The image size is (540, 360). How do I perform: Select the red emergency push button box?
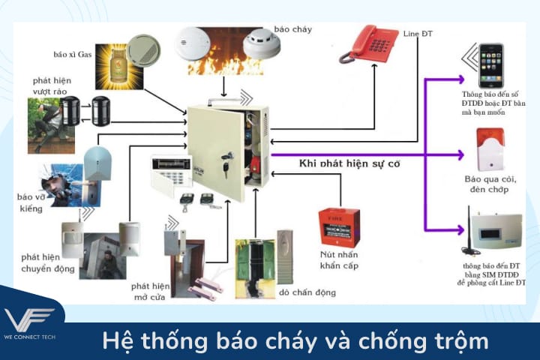click(x=339, y=228)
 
